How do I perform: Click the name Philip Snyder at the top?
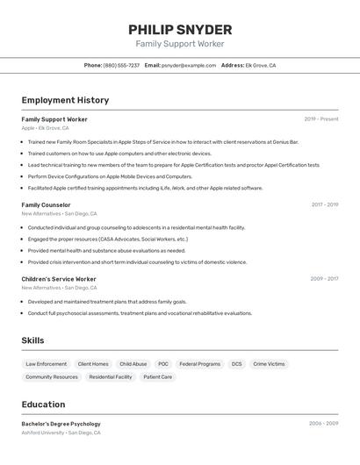(180, 29)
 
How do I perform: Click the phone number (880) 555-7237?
(121, 65)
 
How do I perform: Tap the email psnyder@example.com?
(189, 65)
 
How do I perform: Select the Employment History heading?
(65, 100)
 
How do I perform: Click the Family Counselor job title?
(46, 204)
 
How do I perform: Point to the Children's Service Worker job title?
(59, 279)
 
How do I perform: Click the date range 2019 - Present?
(320, 118)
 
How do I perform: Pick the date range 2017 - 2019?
(324, 204)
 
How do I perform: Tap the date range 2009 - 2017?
(324, 279)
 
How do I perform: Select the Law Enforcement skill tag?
(46, 364)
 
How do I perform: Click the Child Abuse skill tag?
(133, 364)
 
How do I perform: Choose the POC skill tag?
(163, 364)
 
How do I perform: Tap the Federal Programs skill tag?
(199, 364)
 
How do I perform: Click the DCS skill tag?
(236, 364)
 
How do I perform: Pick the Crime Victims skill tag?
(269, 364)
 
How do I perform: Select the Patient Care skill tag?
(158, 377)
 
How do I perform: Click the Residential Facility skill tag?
(111, 377)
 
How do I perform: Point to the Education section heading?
(43, 404)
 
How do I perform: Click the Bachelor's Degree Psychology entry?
(61, 424)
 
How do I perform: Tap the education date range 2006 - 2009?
(323, 424)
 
